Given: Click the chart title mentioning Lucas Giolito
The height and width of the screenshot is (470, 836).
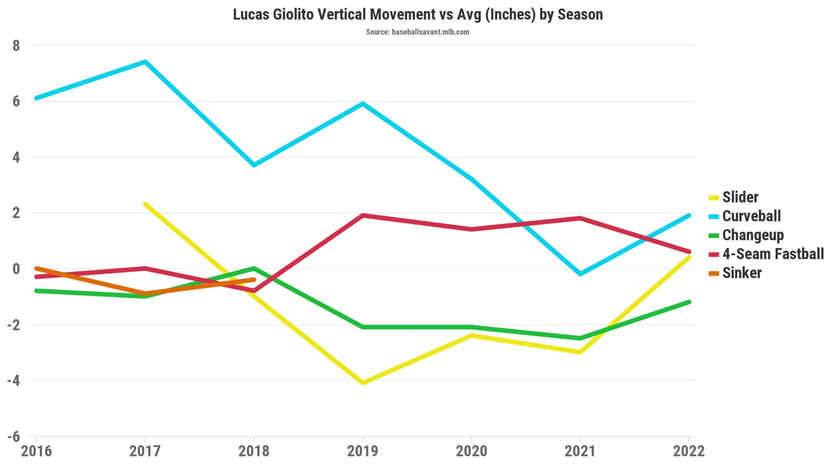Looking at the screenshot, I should pyautogui.click(x=418, y=14).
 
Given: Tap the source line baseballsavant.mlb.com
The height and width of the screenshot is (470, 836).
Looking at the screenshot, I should pyautogui.click(x=418, y=32).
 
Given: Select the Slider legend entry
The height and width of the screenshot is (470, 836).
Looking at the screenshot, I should pyautogui.click(x=740, y=197).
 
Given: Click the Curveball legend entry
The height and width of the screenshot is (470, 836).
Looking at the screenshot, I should pyautogui.click(x=751, y=216).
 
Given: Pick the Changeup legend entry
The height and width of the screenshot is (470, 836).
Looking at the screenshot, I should pyautogui.click(x=752, y=235).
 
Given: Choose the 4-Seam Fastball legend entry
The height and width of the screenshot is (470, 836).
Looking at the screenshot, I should pyautogui.click(x=773, y=254).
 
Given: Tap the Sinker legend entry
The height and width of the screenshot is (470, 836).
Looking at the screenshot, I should pyautogui.click(x=742, y=273).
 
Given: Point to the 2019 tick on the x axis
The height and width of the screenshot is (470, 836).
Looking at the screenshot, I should pyautogui.click(x=362, y=451).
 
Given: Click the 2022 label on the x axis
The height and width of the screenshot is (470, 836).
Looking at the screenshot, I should pyautogui.click(x=688, y=451).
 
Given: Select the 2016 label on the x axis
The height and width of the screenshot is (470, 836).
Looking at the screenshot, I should pyautogui.click(x=36, y=451).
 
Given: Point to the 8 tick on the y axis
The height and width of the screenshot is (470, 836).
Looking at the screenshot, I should pyautogui.click(x=17, y=45).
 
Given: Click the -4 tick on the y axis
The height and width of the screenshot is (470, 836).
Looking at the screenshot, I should pyautogui.click(x=14, y=381).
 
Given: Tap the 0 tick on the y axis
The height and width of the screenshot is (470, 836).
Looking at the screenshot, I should pyautogui.click(x=17, y=269).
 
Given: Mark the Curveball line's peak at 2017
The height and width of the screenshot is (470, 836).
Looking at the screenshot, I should pyautogui.click(x=145, y=62).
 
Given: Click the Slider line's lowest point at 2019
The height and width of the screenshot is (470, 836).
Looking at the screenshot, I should pyautogui.click(x=362, y=383).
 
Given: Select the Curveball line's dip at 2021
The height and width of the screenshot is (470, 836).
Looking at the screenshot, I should pyautogui.click(x=580, y=274).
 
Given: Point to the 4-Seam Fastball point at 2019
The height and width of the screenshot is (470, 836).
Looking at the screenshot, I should pyautogui.click(x=362, y=215).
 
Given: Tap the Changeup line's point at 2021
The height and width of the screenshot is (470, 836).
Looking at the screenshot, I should pyautogui.click(x=580, y=338).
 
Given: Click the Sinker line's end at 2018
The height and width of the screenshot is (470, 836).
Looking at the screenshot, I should pyautogui.click(x=254, y=280).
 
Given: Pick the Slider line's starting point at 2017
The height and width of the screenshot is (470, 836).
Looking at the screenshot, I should pyautogui.click(x=145, y=204).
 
